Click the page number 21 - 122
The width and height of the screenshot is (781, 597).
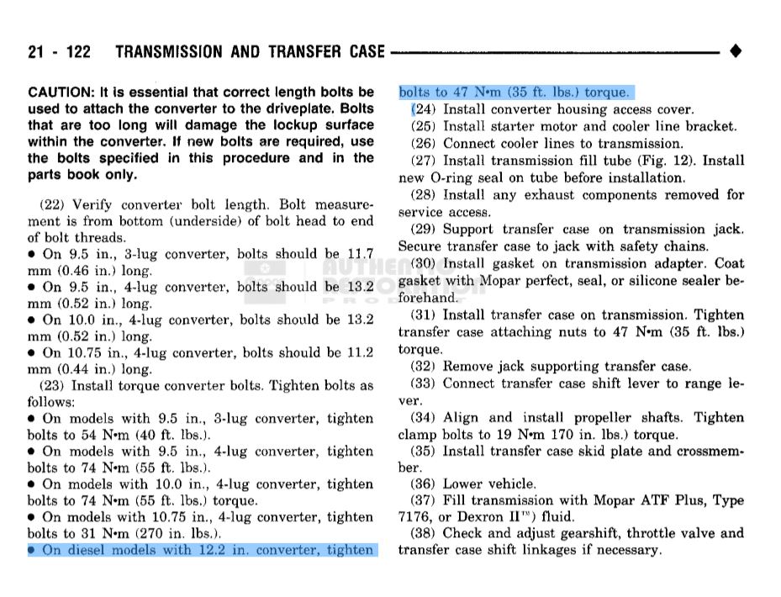(59, 52)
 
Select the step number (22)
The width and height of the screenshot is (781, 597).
(54, 204)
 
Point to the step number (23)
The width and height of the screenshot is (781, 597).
(54, 386)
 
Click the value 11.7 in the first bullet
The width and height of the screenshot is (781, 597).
(360, 253)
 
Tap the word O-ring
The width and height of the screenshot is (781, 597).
(456, 177)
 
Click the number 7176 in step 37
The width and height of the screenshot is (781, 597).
(415, 516)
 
